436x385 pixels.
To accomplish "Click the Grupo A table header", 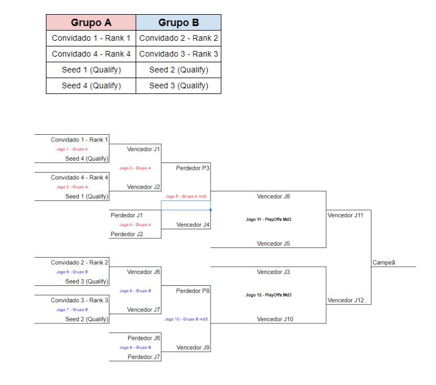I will click(91, 23).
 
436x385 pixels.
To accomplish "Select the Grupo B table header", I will click(178, 23).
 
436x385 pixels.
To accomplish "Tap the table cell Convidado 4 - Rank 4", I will click(91, 54).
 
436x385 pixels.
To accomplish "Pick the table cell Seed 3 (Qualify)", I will click(178, 86).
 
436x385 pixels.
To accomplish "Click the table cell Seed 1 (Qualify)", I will click(91, 70).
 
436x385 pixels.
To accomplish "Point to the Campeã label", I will click(384, 262).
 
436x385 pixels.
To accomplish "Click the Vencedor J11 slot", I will click(345, 215).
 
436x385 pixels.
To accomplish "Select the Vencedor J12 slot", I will click(345, 300).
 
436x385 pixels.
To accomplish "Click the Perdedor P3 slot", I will click(193, 168).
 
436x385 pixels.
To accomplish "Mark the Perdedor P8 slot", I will click(193, 291).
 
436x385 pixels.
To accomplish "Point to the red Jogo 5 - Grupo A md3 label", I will click(186, 196).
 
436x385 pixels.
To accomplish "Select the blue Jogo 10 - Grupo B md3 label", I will click(186, 319).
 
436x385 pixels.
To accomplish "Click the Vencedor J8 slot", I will click(273, 196).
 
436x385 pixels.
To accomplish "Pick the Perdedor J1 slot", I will click(127, 215).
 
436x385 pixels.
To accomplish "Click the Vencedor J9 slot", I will click(193, 348).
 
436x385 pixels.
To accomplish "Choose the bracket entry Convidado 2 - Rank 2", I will click(79, 263).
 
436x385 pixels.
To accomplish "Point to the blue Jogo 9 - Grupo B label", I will click(135, 348).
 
